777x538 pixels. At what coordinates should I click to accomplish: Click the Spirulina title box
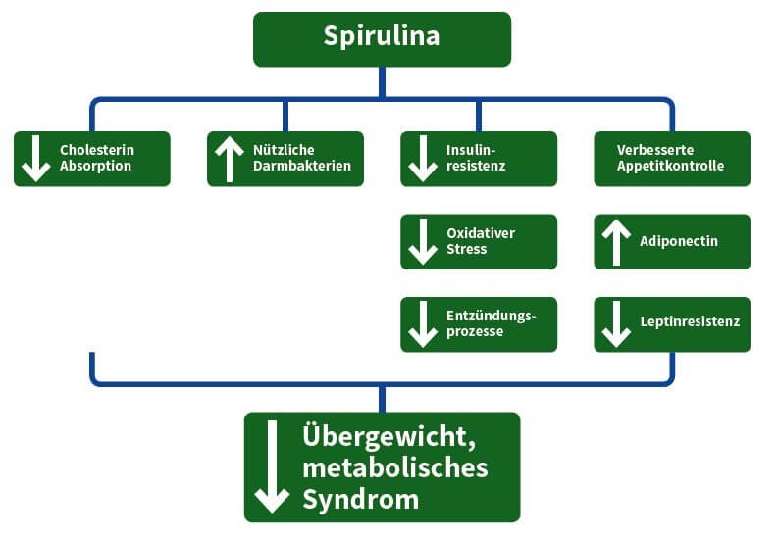click(x=382, y=38)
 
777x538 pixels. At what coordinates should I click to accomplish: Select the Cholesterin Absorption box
click(x=92, y=159)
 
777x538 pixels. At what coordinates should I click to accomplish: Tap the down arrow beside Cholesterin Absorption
click(x=36, y=159)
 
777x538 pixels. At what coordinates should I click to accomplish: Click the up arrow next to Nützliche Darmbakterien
click(x=229, y=159)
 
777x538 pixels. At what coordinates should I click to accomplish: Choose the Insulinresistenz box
click(x=478, y=159)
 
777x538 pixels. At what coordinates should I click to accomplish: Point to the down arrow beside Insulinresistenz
click(x=423, y=159)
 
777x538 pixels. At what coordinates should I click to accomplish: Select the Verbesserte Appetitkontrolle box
click(x=672, y=159)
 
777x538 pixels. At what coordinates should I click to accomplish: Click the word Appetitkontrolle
click(x=670, y=167)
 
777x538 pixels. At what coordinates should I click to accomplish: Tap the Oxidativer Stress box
click(x=478, y=241)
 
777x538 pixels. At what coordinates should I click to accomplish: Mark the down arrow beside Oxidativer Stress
click(x=423, y=241)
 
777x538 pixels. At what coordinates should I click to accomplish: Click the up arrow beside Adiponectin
click(x=615, y=241)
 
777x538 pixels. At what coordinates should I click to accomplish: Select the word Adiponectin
click(x=680, y=241)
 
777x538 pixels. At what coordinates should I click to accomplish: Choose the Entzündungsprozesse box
click(x=478, y=324)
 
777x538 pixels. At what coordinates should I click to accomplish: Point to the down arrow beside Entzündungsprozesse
click(x=423, y=324)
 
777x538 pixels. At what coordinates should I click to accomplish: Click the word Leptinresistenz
click(x=689, y=321)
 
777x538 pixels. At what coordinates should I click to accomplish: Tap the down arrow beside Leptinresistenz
click(x=615, y=324)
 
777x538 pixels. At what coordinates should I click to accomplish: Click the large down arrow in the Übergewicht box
click(x=272, y=467)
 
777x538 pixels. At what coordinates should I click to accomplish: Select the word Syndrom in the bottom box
click(x=360, y=499)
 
